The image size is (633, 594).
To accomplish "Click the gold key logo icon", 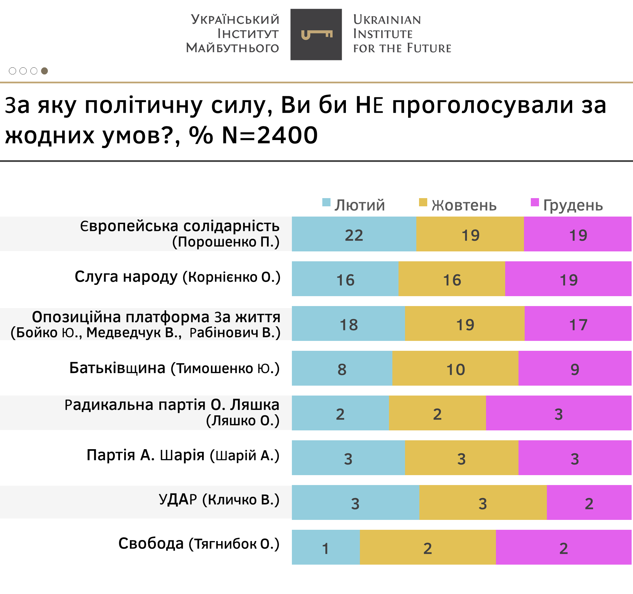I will (316, 34).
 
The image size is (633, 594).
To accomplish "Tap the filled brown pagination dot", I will (44, 71).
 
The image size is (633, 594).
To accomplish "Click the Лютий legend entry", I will (354, 205).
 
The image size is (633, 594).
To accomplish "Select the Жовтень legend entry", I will (458, 205).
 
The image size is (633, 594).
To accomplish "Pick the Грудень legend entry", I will (567, 205).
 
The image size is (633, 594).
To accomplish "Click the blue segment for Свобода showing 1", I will (326, 547).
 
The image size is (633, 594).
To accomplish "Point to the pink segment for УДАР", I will (589, 502).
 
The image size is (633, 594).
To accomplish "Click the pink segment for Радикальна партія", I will (558, 413).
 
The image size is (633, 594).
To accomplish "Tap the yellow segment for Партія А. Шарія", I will (461, 458).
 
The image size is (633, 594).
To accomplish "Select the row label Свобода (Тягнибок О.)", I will (199, 543).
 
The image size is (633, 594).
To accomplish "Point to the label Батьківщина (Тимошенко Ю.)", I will (174, 368).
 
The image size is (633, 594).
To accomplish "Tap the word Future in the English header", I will (429, 48).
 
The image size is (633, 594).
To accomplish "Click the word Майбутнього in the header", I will (232, 48).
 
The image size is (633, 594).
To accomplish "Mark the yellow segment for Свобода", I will (428, 547).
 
